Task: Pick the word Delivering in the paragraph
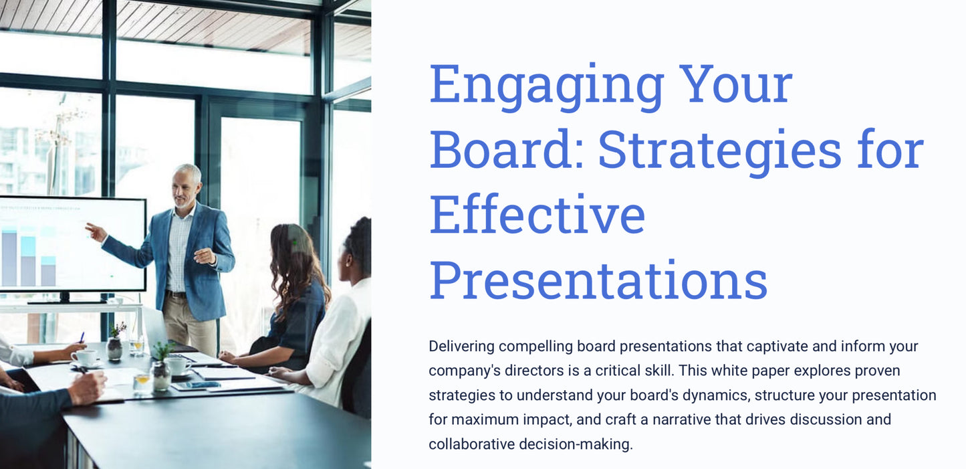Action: [x=461, y=347]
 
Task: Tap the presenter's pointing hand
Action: [x=94, y=231]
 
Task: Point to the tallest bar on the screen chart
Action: [x=9, y=258]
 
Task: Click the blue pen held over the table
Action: [x=82, y=338]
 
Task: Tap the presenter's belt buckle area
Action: [x=178, y=294]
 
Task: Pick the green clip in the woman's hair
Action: [x=292, y=242]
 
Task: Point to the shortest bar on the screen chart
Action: [x=48, y=272]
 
